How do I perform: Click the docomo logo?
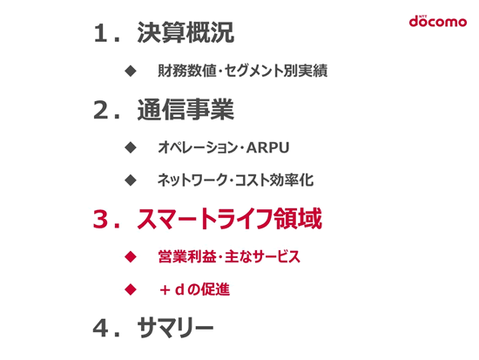pyautogui.click(x=438, y=21)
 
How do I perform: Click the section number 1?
pyautogui.click(x=101, y=33)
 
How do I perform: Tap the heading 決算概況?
pyautogui.click(x=186, y=32)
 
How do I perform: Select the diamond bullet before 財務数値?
pyautogui.click(x=131, y=71)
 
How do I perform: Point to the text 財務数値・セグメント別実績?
pyautogui.click(x=243, y=71)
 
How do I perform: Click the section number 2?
pyautogui.click(x=101, y=110)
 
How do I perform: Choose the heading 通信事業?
pyautogui.click(x=186, y=110)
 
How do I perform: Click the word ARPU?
pyautogui.click(x=267, y=147)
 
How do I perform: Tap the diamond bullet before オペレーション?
pyautogui.click(x=131, y=147)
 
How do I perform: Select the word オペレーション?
pyautogui.click(x=198, y=147)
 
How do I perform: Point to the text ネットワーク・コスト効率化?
pyautogui.click(x=235, y=180)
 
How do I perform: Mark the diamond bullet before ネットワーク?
pyautogui.click(x=131, y=180)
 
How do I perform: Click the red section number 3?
pyautogui.click(x=101, y=219)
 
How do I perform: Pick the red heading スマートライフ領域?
pyautogui.click(x=229, y=219)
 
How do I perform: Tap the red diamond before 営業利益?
pyautogui.click(x=131, y=256)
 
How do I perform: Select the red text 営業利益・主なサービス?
pyautogui.click(x=229, y=256)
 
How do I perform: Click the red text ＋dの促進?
pyautogui.click(x=194, y=289)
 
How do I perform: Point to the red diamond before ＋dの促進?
pyautogui.click(x=131, y=289)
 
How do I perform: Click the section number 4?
pyautogui.click(x=101, y=329)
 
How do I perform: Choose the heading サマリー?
pyautogui.click(x=175, y=328)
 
